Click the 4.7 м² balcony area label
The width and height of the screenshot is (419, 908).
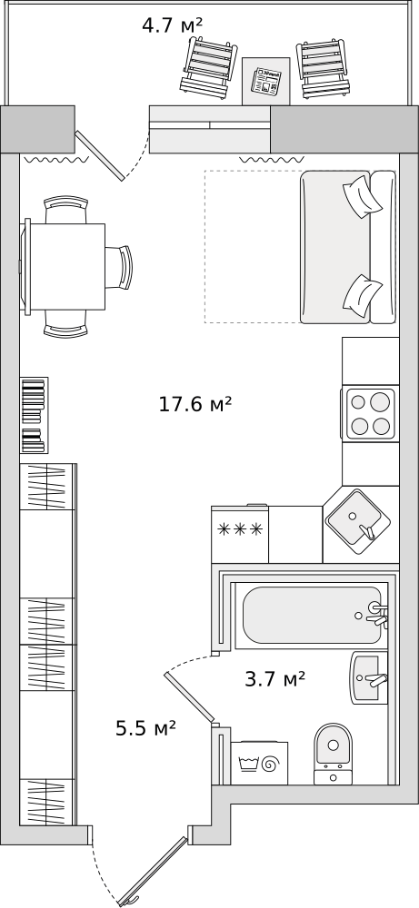click(172, 25)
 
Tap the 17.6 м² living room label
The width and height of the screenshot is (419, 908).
click(195, 404)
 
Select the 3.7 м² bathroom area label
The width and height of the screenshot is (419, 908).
click(275, 678)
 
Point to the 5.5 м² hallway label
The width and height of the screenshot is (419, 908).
click(145, 728)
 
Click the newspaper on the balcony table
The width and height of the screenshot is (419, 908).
click(266, 81)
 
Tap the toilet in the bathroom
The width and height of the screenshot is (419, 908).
click(333, 754)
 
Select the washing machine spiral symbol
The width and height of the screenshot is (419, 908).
click(268, 765)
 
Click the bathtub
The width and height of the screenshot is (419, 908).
click(313, 615)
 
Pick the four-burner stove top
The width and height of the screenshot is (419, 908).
click(370, 413)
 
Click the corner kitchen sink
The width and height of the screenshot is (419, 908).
click(354, 518)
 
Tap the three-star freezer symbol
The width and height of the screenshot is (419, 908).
click(240, 528)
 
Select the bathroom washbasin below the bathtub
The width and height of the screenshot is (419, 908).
click(369, 677)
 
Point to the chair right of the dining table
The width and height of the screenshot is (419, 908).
click(120, 266)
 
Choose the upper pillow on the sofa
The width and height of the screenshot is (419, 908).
click(363, 197)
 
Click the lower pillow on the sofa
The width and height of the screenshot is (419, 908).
click(363, 293)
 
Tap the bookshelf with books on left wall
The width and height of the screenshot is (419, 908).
click(35, 415)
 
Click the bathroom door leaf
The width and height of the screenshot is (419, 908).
click(190, 696)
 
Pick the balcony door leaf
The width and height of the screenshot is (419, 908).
click(100, 155)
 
